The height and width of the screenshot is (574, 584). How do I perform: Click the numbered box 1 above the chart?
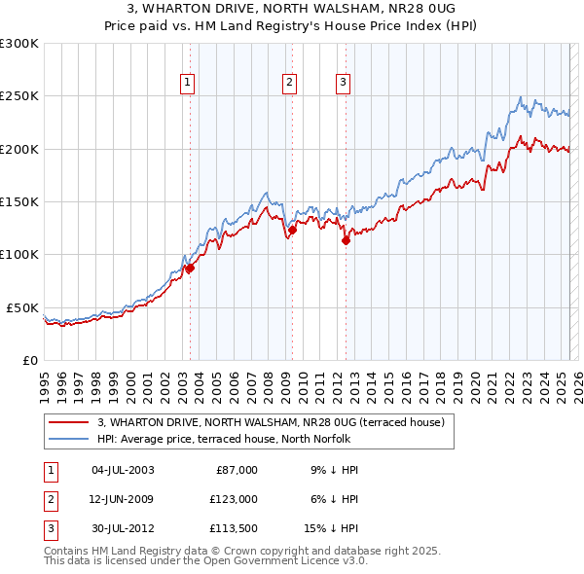point(186,83)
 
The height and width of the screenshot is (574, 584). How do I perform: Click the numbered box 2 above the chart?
point(290,83)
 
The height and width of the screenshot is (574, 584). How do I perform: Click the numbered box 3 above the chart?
point(344,83)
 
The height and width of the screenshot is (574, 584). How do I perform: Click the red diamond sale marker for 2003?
point(190,269)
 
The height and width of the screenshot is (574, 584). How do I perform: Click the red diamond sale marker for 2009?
point(292,231)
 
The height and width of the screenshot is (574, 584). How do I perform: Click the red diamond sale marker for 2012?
point(346,240)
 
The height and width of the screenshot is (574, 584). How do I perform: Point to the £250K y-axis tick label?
point(18,96)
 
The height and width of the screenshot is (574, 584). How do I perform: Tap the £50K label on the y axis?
point(22,307)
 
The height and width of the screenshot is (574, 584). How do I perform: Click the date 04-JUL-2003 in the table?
point(123,470)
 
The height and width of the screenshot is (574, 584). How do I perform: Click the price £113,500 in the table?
point(231,529)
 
